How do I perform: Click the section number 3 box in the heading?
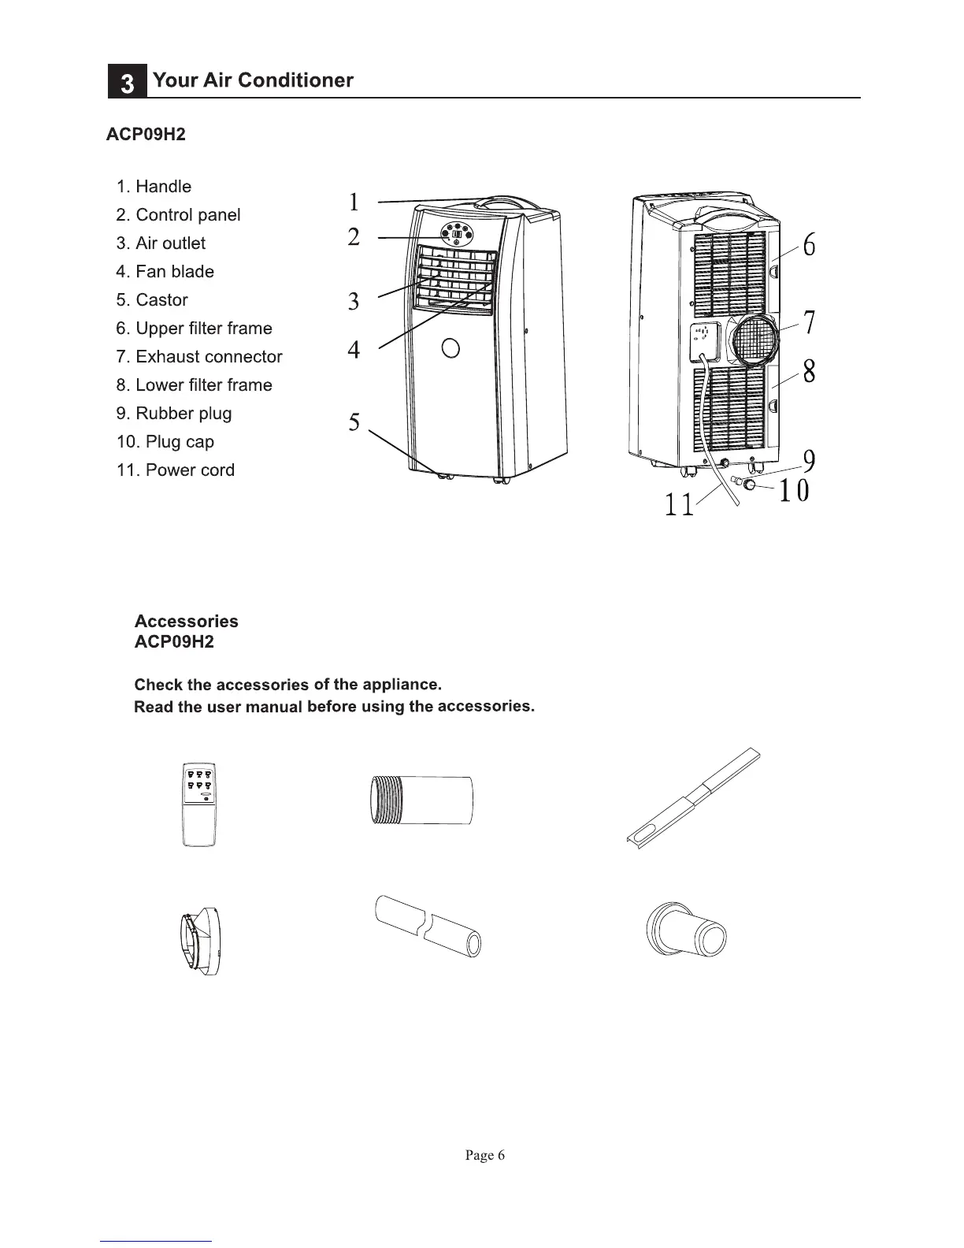pos(127,83)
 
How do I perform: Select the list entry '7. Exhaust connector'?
pos(198,357)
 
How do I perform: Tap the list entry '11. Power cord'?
pos(175,470)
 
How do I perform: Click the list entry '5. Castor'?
pos(152,300)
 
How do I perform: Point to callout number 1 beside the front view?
pos(354,202)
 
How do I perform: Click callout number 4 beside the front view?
pos(354,349)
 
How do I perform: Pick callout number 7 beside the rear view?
pos(809,322)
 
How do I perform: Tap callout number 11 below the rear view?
pos(679,504)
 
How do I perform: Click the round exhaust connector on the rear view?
pos(755,340)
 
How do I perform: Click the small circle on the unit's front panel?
pos(450,347)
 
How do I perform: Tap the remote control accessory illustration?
pos(198,804)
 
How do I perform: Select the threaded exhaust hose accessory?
pos(421,800)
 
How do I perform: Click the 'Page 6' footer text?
pos(484,1155)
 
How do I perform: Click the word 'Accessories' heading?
pos(186,622)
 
